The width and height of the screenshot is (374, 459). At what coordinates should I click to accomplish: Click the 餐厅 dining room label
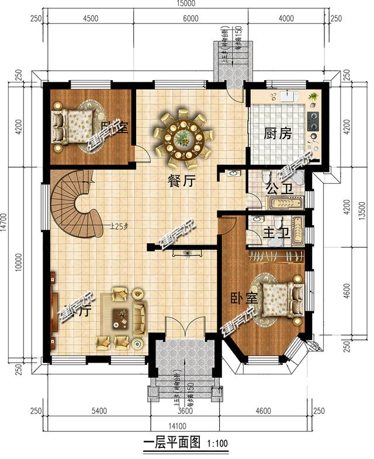pyautogui.click(x=181, y=181)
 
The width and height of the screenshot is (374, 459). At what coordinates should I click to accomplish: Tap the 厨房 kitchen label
pyautogui.click(x=278, y=134)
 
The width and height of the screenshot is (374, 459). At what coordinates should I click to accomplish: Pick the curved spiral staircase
pyautogui.click(x=75, y=202)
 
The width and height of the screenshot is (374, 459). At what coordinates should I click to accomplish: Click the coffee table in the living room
pyautogui.click(x=120, y=316)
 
